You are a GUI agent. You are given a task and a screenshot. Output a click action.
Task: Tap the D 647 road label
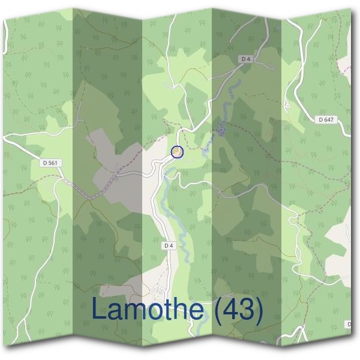326,119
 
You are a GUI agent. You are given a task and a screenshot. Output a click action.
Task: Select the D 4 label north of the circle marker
245,59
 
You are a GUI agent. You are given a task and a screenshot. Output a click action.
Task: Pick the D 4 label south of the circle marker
168,245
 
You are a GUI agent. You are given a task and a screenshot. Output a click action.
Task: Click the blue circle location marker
177,152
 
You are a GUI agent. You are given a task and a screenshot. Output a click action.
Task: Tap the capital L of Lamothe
100,310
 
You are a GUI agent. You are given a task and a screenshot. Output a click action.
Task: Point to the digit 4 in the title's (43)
231,310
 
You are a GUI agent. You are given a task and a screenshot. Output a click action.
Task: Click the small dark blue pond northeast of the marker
221,130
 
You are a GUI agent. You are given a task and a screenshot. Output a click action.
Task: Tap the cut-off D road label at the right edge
349,325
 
